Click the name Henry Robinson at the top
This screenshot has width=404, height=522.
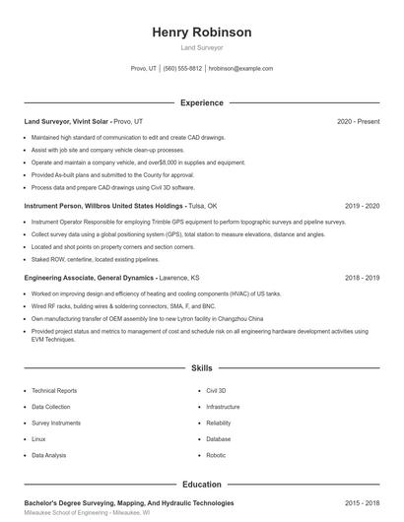click(x=202, y=33)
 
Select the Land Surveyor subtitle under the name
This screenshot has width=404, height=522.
click(x=202, y=47)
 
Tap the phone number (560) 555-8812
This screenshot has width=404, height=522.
click(x=182, y=69)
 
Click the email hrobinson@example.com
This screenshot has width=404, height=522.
click(x=241, y=69)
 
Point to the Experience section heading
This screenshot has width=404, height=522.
click(x=202, y=102)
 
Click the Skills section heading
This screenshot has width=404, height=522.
click(x=202, y=368)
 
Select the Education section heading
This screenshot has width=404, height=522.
click(x=202, y=485)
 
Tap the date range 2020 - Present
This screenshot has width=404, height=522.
click(x=358, y=121)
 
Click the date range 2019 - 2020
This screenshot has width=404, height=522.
click(x=362, y=206)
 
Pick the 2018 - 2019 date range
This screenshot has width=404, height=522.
click(x=362, y=278)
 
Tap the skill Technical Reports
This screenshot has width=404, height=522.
click(x=54, y=391)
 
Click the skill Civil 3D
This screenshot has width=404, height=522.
click(x=216, y=391)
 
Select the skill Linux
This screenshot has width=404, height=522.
click(x=38, y=439)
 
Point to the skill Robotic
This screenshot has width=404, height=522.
click(x=216, y=455)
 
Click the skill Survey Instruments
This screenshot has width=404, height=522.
click(x=56, y=423)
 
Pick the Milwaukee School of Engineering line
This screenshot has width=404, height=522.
click(x=87, y=513)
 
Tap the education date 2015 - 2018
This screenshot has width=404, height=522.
click(x=362, y=502)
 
